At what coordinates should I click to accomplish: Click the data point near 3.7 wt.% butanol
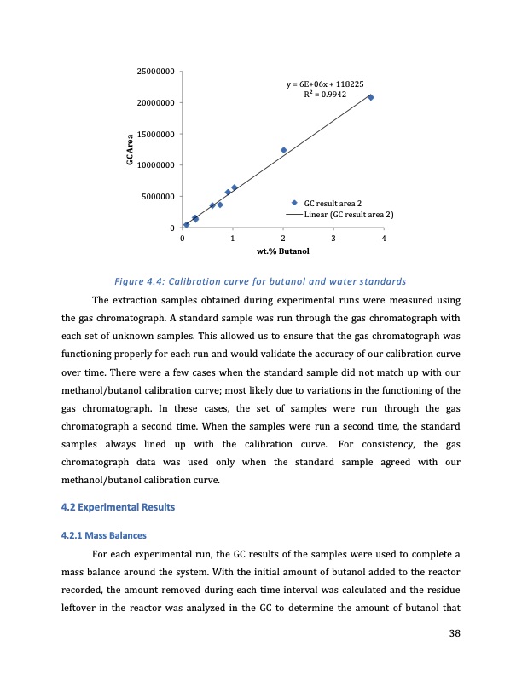click(x=370, y=97)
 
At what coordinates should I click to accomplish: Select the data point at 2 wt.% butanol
click(x=283, y=150)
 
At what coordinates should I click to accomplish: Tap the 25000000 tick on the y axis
click(x=156, y=72)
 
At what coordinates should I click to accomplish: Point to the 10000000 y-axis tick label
click(x=156, y=165)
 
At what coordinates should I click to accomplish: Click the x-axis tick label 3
click(x=333, y=239)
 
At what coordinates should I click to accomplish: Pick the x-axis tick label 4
click(x=385, y=239)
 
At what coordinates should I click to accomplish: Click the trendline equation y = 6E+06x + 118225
click(x=325, y=84)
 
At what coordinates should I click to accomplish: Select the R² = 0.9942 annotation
click(x=325, y=95)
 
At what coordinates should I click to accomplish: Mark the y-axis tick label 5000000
click(x=159, y=197)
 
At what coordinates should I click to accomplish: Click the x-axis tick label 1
click(x=233, y=239)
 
